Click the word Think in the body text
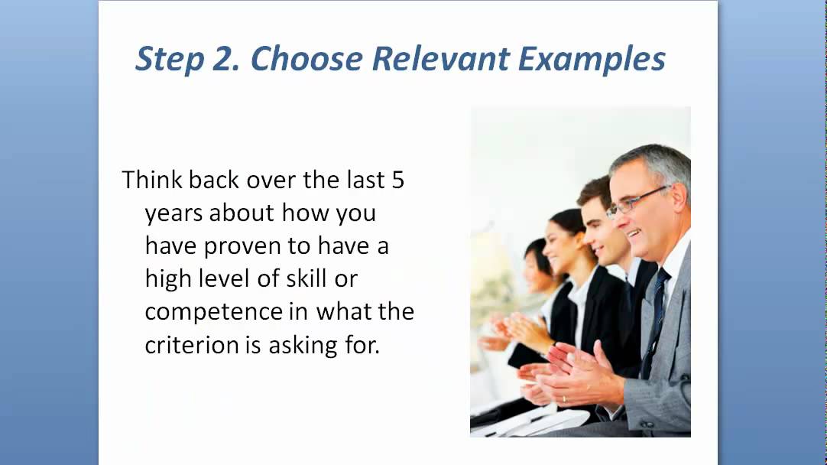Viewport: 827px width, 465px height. [152, 180]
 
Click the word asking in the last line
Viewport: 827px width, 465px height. [299, 346]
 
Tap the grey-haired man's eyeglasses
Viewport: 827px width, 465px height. [636, 200]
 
